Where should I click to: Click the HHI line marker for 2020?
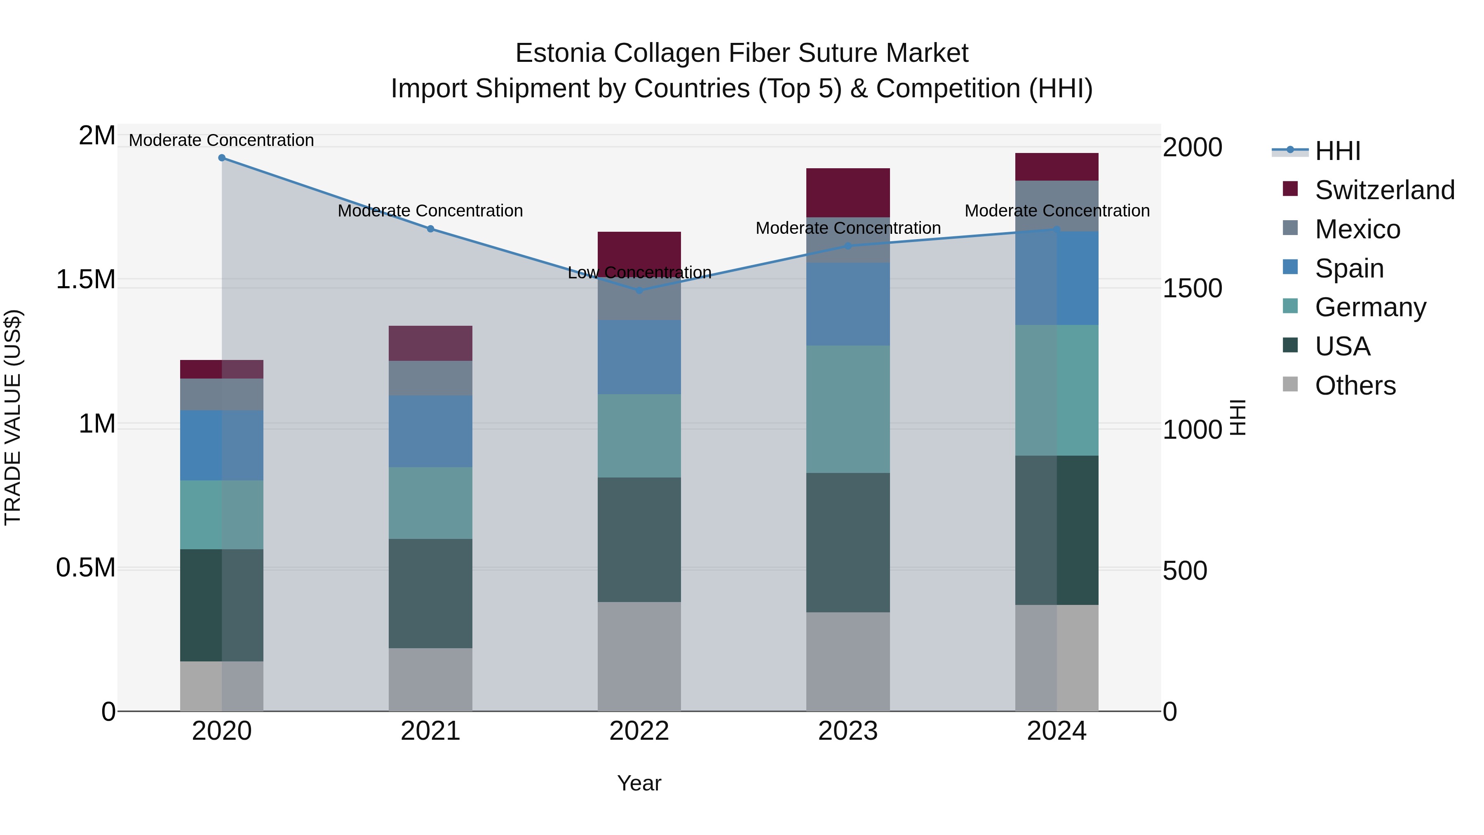point(222,158)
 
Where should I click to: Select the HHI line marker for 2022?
point(639,290)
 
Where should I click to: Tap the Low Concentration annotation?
point(639,273)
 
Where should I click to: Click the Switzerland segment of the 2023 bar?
point(848,193)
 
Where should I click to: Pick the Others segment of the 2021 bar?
point(430,680)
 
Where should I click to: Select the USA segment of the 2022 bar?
point(639,539)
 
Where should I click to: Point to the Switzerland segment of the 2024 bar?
point(1056,167)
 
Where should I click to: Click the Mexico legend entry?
point(1357,229)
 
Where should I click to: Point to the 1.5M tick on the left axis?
point(86,280)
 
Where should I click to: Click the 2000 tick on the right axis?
point(1192,148)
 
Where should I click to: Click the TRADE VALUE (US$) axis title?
point(13,417)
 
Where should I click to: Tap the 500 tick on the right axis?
point(1184,571)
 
